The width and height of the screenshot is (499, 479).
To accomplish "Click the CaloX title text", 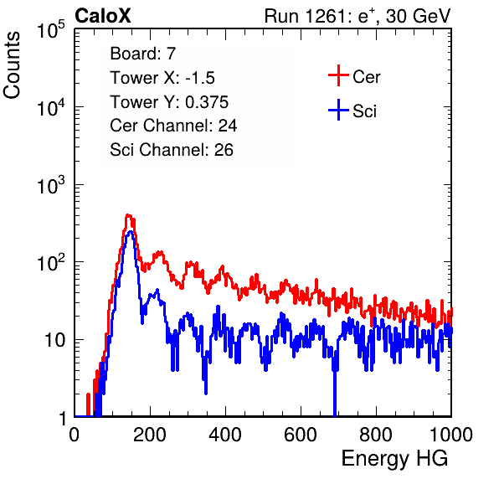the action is [103, 16].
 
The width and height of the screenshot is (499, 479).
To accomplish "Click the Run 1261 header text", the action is [358, 16].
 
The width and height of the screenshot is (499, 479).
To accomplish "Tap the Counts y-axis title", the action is [12, 65].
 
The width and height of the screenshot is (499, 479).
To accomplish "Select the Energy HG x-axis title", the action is [394, 458].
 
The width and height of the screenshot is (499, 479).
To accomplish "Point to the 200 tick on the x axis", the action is [150, 435].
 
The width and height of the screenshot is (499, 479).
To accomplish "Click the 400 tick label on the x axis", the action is [225, 435].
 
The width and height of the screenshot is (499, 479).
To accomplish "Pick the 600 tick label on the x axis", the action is [301, 435].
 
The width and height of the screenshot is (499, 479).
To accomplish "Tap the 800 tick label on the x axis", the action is [376, 435].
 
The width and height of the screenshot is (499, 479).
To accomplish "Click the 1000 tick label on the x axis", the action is [451, 435].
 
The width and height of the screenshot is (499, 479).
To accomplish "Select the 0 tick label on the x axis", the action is [75, 435].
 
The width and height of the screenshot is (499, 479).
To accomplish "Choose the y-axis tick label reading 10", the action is [55, 340].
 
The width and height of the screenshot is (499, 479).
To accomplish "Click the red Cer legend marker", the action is [338, 75].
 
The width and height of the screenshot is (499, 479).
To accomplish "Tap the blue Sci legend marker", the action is [338, 111].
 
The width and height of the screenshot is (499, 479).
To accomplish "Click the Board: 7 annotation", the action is [143, 54].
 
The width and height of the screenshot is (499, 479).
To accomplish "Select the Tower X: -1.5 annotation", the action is [162, 78].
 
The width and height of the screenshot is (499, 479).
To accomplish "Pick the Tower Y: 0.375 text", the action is [169, 102].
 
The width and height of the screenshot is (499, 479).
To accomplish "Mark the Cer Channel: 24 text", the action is [173, 126].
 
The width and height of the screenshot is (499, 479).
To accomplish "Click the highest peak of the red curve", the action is [128, 216].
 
